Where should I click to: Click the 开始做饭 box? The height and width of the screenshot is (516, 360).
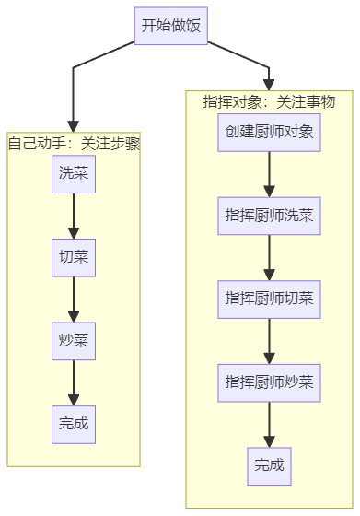171,26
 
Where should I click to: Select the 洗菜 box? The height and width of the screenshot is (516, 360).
74,174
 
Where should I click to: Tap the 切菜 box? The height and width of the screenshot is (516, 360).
74,258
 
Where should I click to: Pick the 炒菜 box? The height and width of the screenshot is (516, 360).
74,341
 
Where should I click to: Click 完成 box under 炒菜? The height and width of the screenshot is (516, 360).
74,425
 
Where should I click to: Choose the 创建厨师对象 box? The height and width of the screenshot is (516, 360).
269,133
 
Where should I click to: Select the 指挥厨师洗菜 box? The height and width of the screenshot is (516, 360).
269,216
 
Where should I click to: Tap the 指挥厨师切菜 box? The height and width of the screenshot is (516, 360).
269,299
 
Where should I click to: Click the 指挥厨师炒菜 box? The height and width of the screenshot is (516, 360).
269,382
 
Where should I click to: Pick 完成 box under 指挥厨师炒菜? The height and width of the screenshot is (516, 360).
269,466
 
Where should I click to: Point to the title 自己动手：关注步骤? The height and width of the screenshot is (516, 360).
74,144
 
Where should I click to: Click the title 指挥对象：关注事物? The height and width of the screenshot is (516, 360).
269,102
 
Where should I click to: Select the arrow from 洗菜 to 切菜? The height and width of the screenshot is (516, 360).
74,216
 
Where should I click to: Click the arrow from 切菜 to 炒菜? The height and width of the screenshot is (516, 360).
74,299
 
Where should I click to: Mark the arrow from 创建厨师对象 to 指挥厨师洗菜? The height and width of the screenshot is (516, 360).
269,174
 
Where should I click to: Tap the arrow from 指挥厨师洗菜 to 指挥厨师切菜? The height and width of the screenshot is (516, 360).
269,258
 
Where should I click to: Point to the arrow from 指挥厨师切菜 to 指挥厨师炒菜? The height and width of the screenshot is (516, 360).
269,341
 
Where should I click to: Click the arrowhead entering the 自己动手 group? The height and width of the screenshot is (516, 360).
73,126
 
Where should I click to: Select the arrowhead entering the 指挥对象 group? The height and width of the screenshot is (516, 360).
269,85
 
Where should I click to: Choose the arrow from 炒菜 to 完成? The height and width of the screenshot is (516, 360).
74,382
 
